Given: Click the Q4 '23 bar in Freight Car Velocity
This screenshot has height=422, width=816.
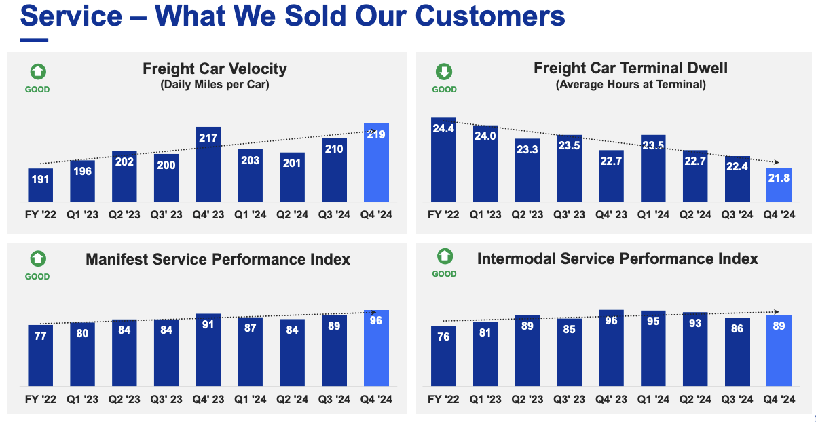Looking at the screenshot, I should pos(208,164).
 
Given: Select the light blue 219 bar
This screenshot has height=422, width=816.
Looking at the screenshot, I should pos(376,163).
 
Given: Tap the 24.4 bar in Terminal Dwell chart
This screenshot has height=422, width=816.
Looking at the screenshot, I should pos(443,160).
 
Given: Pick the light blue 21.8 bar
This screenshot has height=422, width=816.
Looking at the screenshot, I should pos(779,185).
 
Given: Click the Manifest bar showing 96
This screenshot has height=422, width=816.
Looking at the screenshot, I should pos(376,348).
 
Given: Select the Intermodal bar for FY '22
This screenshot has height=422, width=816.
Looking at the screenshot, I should pos(443,356).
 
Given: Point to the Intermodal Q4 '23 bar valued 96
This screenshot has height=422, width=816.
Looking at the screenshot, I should pos(612,348).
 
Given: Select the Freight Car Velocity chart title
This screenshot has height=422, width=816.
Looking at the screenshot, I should pos(215,69).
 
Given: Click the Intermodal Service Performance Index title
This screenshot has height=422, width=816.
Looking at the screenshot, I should pos(618,258).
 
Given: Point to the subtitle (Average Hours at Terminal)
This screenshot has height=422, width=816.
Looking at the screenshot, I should pos(631,85).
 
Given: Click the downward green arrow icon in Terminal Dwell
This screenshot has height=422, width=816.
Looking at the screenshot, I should pos(444,72).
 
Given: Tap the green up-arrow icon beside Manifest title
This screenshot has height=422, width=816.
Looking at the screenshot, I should pos(37,258).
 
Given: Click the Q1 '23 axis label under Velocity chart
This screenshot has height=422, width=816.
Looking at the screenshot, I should pos(82,214).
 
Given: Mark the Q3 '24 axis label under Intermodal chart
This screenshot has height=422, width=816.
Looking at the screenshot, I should pos(737,400).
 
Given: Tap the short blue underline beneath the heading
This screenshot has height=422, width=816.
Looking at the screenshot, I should pos(34,40).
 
